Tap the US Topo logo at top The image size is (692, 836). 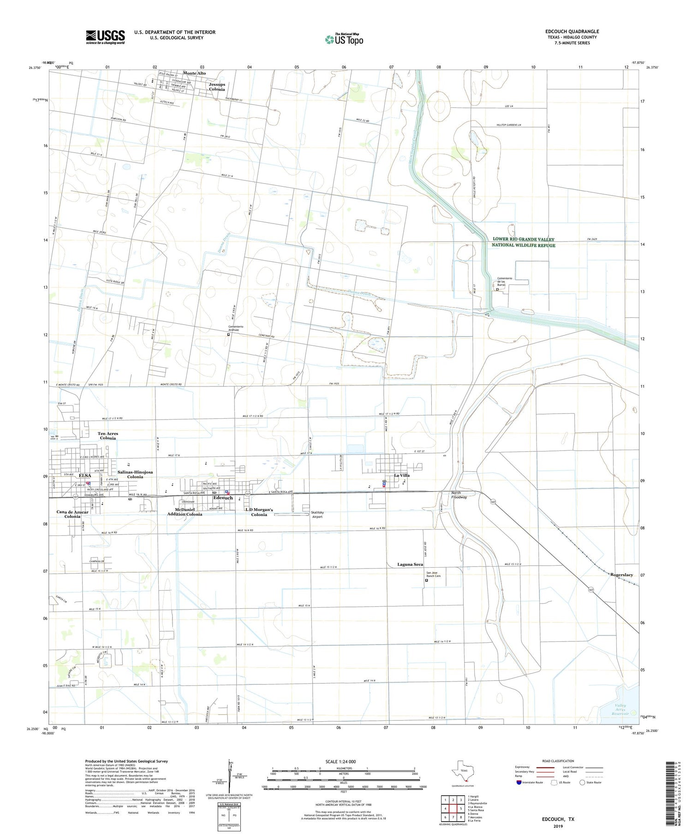(344, 39)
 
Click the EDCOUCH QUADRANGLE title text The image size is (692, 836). (572, 31)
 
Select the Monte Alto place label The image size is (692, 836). (194, 73)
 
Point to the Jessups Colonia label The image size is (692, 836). (217, 87)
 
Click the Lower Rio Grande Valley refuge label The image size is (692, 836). (523, 242)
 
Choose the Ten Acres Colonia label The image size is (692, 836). (107, 436)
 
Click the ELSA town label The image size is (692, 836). (85, 475)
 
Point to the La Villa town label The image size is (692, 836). (401, 475)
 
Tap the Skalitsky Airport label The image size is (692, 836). (317, 514)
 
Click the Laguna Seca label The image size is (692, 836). (410, 564)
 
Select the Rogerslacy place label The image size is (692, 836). (621, 575)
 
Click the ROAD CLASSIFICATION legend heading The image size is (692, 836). (558, 761)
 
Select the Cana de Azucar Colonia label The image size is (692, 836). (72, 514)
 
